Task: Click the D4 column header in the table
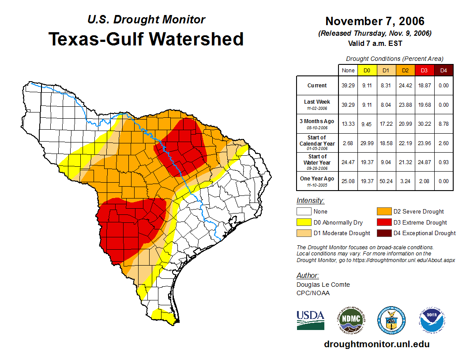click(443, 70)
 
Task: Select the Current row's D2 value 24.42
click(405, 86)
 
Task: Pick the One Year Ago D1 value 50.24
click(386, 181)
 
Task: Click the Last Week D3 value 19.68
click(424, 105)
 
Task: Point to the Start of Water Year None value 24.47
click(348, 162)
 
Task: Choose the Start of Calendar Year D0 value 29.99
click(367, 143)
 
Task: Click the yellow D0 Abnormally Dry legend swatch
click(304, 222)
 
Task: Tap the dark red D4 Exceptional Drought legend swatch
click(383, 233)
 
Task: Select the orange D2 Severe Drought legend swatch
click(383, 211)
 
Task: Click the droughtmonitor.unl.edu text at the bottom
click(376, 344)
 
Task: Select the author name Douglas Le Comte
click(323, 285)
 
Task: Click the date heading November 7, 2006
click(375, 21)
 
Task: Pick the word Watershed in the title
click(196, 39)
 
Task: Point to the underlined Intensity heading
click(310, 201)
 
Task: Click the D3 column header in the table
click(424, 70)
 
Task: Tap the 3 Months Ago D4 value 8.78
click(443, 124)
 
